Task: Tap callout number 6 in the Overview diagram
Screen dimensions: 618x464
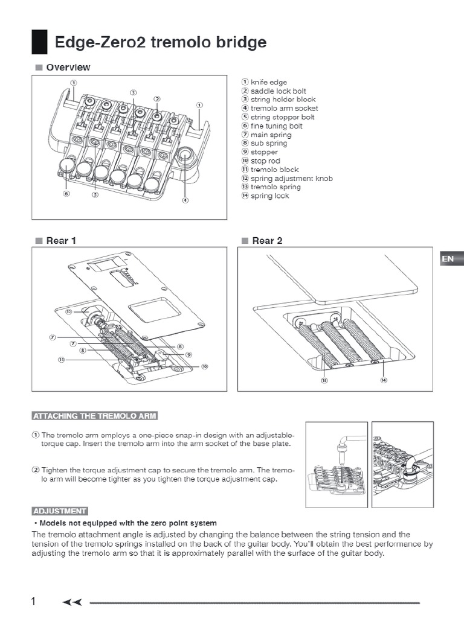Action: click(66, 194)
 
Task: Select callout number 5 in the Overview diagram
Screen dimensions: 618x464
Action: click(95, 194)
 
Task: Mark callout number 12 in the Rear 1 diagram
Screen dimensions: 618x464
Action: click(69, 312)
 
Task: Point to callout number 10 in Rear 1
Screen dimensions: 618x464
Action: click(204, 366)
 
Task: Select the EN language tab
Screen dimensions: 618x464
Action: click(448, 259)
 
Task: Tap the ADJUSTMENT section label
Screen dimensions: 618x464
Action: click(59, 511)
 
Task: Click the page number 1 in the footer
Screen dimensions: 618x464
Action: click(34, 601)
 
